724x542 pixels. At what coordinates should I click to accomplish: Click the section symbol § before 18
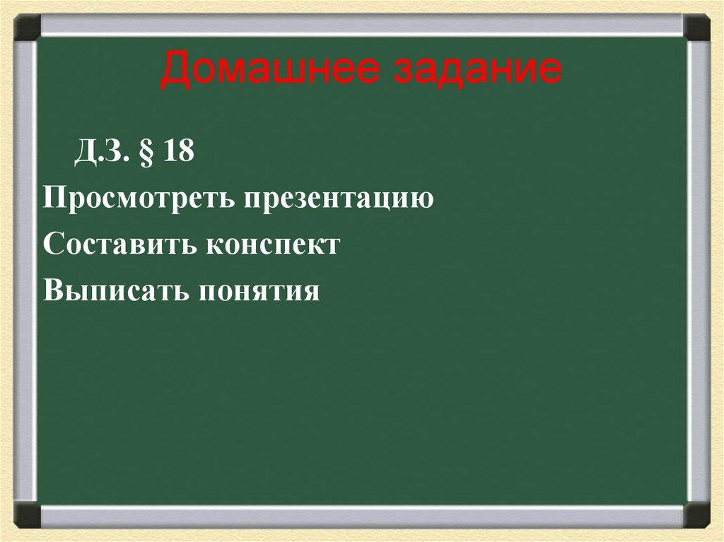tap(148, 153)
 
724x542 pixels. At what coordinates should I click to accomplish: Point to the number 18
tap(178, 153)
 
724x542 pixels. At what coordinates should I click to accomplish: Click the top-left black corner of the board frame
tap(28, 28)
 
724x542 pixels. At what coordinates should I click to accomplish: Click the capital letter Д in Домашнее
tap(173, 71)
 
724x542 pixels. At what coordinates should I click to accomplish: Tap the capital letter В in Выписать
tap(52, 289)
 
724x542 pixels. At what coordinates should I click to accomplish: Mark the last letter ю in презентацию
tap(421, 200)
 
